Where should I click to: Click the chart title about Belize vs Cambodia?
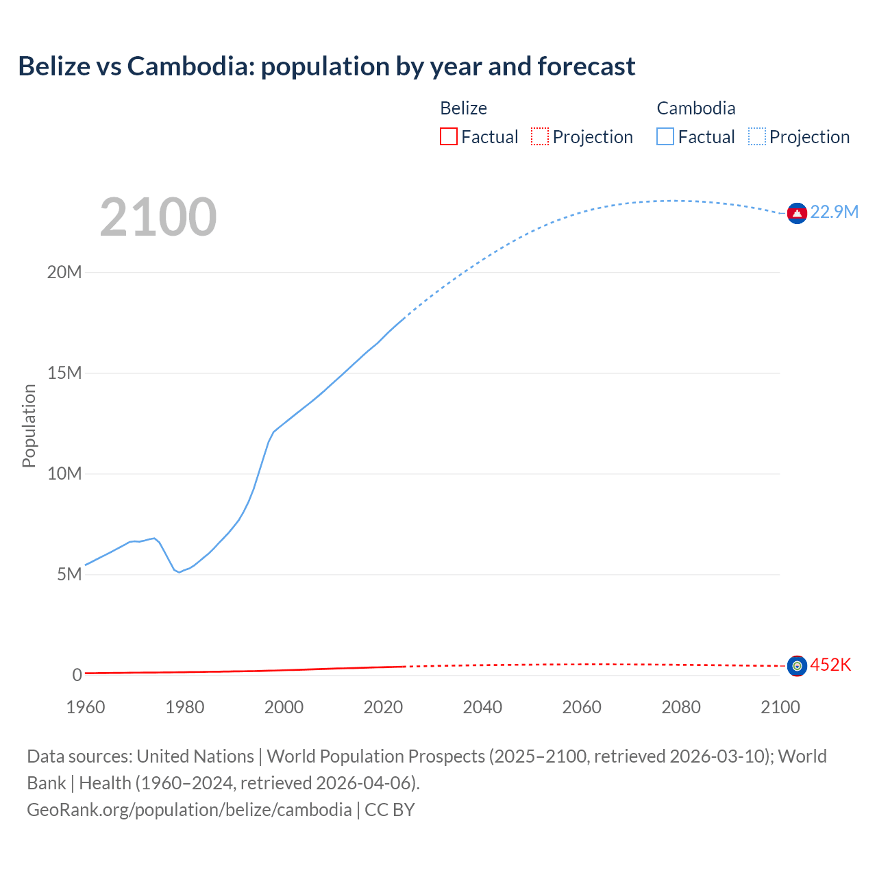[327, 66]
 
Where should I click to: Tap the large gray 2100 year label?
[158, 217]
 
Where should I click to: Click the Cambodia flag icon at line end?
[797, 214]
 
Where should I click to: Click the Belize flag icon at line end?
[797, 665]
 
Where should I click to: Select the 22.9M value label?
[834, 212]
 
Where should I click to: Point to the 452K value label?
[830, 665]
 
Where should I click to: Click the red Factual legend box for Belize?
[449, 137]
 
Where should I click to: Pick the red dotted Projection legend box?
[540, 137]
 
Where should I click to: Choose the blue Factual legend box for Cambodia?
[665, 137]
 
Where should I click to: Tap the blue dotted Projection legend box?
[757, 137]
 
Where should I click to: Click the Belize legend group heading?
[463, 108]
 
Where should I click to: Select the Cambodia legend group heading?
[696, 108]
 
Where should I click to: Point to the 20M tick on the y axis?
[64, 272]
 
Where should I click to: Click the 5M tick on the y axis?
[69, 574]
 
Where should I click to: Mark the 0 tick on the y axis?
[77, 675]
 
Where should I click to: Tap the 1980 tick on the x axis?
[185, 707]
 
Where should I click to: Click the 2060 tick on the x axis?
[582, 707]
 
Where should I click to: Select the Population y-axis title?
[29, 425]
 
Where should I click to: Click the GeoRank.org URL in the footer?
[189, 810]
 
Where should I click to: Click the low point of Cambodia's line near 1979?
[180, 572]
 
